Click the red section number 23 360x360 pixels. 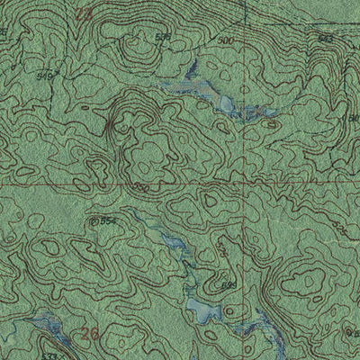(x=85, y=13)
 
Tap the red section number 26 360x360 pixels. (x=88, y=334)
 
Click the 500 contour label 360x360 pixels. (x=224, y=41)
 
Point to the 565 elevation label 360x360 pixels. (x=229, y=285)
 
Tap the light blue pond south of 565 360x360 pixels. (x=202, y=310)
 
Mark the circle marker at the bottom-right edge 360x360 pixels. (x=352, y=328)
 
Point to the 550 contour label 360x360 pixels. (x=141, y=187)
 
